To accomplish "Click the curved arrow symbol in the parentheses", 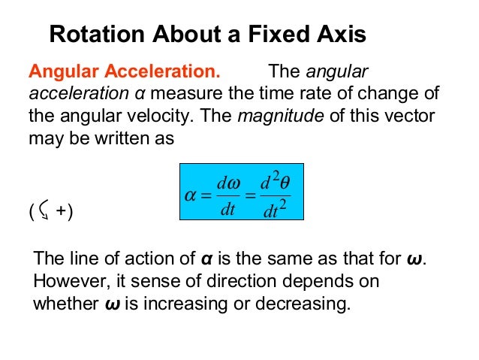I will point(44,213).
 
